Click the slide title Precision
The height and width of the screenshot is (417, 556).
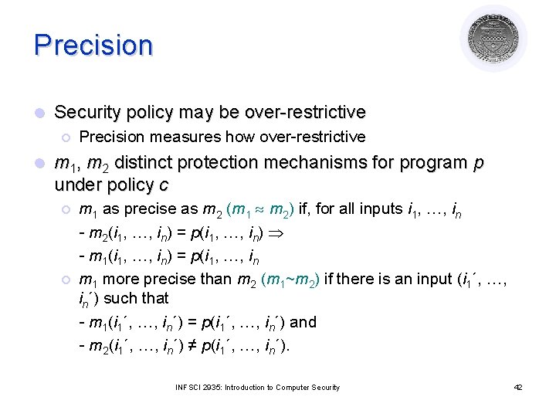tap(93, 44)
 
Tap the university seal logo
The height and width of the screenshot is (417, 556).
tap(493, 38)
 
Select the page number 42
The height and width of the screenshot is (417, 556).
tap(517, 387)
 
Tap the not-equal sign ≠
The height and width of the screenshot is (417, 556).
tap(195, 345)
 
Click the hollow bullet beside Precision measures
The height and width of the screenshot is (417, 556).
tap(66, 137)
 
